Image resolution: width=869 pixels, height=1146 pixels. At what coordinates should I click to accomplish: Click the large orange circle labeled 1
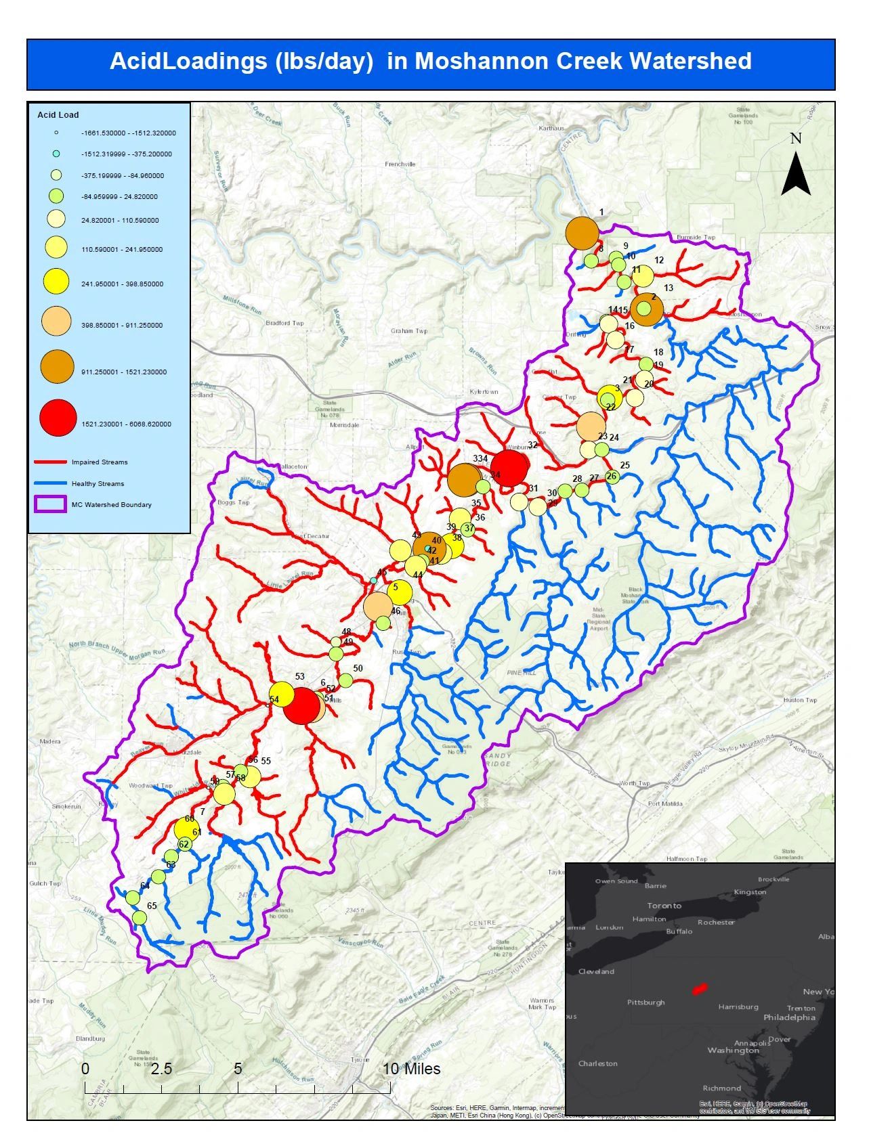[x=582, y=233]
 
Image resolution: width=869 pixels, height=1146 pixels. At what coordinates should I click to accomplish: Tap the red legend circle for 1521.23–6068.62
[x=58, y=418]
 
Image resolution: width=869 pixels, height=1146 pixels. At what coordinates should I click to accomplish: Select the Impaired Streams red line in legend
[x=51, y=462]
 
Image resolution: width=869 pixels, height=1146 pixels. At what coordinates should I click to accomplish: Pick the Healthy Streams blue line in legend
[x=51, y=484]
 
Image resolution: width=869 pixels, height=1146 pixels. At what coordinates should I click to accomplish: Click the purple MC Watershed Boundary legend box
[x=51, y=504]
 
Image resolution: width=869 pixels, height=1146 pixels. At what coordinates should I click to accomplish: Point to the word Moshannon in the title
[x=473, y=61]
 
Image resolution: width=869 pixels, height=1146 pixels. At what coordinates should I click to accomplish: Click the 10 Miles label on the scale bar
[x=412, y=1069]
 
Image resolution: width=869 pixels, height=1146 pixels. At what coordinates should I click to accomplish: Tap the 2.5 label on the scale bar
[x=161, y=1069]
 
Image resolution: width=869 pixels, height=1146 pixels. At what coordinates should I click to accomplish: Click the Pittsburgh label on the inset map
[x=645, y=1002]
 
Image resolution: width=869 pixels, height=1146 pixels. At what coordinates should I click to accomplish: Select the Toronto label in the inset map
[x=664, y=906]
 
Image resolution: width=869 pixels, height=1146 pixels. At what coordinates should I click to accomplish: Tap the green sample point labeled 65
[x=139, y=918]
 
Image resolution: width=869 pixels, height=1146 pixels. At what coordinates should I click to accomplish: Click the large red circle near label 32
[x=509, y=468]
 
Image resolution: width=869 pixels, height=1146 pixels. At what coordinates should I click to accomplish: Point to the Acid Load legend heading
[x=58, y=115]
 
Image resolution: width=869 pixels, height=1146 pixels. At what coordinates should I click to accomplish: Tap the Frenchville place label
[x=400, y=164]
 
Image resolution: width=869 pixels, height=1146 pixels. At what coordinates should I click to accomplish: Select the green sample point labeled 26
[x=612, y=477]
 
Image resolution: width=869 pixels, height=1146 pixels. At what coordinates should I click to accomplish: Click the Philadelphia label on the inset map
[x=789, y=1017]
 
